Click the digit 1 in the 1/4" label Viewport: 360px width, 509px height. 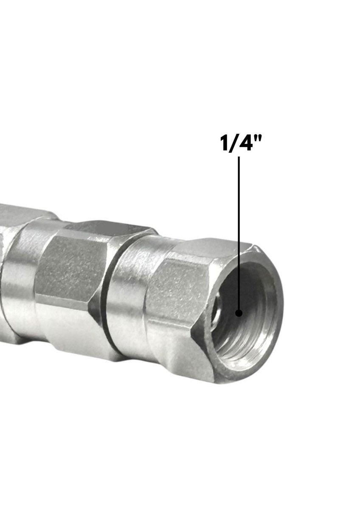[x=224, y=144]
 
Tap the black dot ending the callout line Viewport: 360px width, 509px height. [x=239, y=313]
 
